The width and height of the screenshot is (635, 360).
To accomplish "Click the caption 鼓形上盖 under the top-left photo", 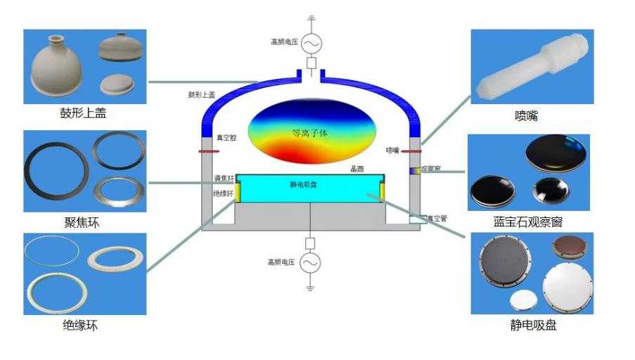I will tap(84, 113).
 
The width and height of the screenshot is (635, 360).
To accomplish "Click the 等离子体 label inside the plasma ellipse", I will tap(310, 132).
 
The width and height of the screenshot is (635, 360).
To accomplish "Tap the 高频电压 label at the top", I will tap(284, 41).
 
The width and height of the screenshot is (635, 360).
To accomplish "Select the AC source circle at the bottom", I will tap(309, 263).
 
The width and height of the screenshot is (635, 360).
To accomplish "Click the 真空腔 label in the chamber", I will tap(226, 139).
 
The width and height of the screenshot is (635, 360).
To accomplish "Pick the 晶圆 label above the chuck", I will tap(357, 169).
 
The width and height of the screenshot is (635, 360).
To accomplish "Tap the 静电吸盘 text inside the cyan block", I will tap(304, 185).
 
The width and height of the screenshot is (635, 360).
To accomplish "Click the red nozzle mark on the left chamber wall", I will tap(208, 150).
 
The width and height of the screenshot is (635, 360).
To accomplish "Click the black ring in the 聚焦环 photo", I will tap(56, 171).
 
